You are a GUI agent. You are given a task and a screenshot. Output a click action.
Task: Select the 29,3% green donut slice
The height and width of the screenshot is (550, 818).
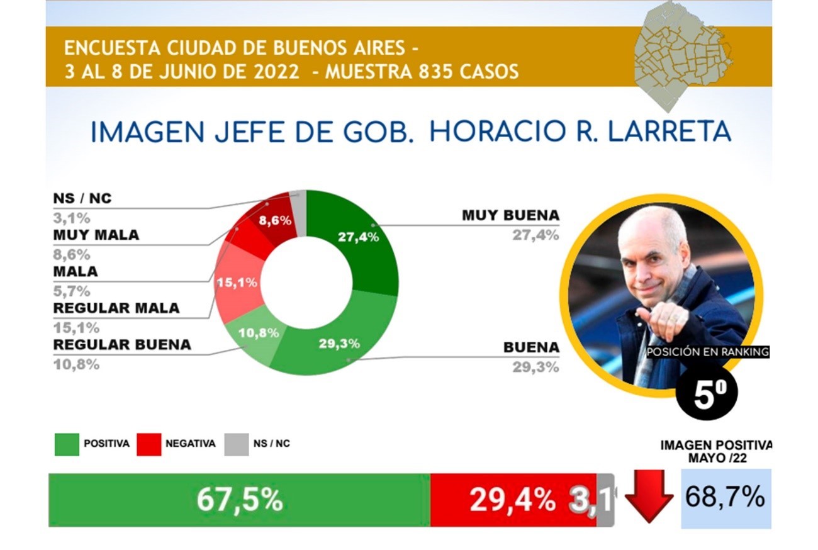point(340,345)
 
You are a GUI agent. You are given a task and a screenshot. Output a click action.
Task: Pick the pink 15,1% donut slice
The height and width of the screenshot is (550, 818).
point(237,283)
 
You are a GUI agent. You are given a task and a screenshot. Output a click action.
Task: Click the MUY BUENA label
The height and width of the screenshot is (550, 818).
point(510,215)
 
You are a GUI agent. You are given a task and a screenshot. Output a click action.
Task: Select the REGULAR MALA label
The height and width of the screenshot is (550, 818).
point(116,308)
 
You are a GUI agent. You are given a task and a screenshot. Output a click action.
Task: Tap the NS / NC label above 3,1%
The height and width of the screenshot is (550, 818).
point(82,198)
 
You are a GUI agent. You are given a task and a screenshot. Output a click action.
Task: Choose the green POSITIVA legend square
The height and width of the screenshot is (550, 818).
point(67,444)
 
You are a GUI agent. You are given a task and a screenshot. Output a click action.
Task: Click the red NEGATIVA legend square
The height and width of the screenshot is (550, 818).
point(149,444)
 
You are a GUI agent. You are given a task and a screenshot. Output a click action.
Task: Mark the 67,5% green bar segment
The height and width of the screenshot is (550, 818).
point(240,500)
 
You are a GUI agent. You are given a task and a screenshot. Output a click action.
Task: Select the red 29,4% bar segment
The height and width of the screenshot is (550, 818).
point(513,500)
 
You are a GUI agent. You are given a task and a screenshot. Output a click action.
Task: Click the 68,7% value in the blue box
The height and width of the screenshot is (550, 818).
point(725,497)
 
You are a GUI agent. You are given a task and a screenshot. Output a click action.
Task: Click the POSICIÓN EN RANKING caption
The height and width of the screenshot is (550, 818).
point(708,352)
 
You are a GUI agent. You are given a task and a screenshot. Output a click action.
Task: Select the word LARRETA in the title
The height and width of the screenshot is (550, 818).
point(670,132)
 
